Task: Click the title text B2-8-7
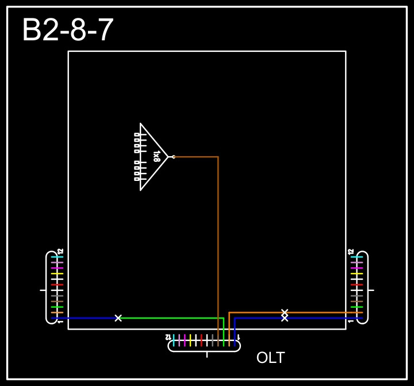pos(68,31)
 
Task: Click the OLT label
pos(270,358)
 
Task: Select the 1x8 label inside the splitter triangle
pos(156,156)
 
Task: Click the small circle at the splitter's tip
pos(174,156)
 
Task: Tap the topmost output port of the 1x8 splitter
pos(137,134)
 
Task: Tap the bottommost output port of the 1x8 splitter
pos(137,179)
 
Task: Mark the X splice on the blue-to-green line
pos(118,318)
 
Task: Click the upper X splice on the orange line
pos(285,312)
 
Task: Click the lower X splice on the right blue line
pos(285,318)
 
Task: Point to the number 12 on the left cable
pos(60,252)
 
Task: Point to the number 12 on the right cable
pos(351,252)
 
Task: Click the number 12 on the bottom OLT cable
pos(168,336)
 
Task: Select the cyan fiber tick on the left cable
pos(56,257)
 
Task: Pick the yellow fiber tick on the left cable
pos(56,274)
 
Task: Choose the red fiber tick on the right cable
pos(356,285)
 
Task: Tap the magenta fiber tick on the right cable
pos(356,268)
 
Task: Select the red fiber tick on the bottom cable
pos(201,340)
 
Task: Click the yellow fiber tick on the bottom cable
pos(190,340)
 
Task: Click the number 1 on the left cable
pos(60,321)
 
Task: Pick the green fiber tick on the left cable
pos(56,307)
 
